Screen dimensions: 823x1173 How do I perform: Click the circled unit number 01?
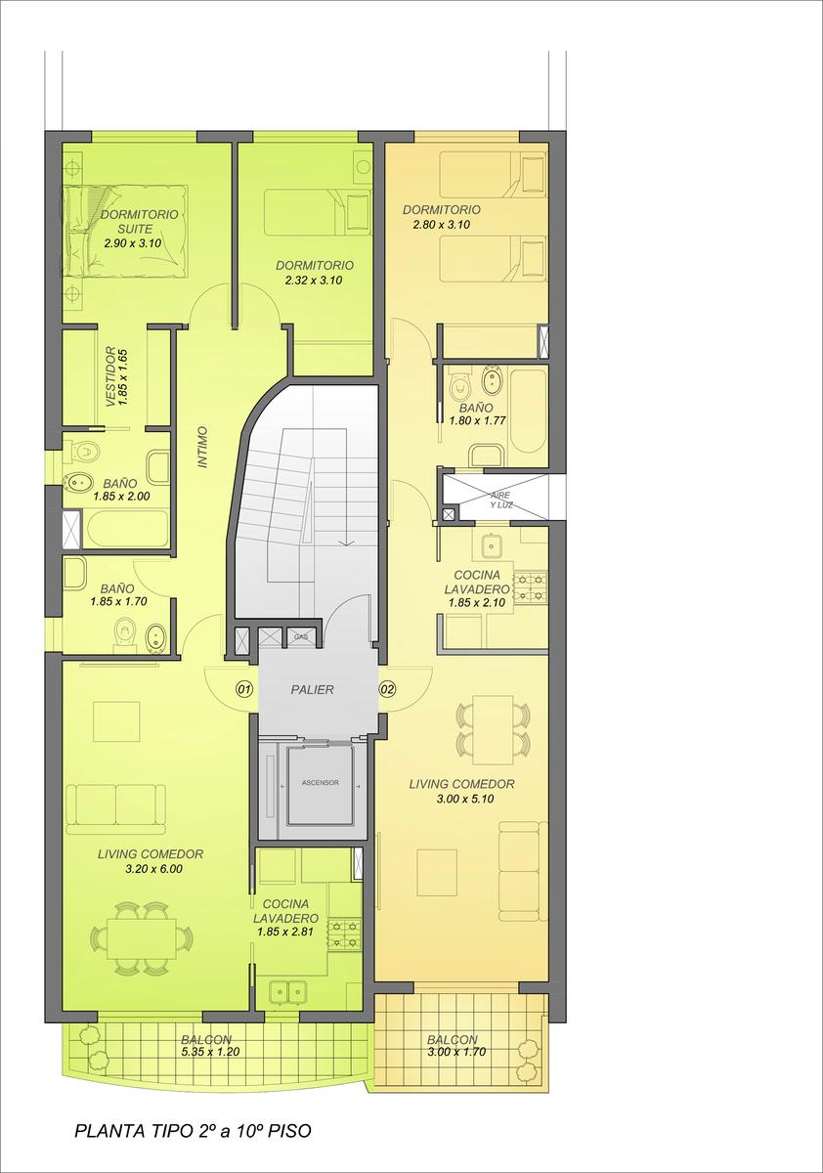[244, 689]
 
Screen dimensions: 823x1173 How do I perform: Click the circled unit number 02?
[387, 689]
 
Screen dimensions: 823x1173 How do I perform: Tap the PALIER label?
[312, 690]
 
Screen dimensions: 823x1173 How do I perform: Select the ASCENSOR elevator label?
[320, 783]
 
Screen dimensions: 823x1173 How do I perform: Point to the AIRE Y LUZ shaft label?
[501, 500]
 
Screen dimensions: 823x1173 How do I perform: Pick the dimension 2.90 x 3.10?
[133, 243]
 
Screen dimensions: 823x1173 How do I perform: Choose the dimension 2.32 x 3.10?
[314, 281]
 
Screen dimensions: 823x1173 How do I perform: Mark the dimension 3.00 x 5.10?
[465, 799]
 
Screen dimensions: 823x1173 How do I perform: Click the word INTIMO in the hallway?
[203, 447]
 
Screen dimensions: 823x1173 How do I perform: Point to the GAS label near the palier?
[300, 636]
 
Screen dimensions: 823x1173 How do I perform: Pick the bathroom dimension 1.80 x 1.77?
[477, 420]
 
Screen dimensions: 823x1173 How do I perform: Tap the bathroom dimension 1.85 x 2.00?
[121, 496]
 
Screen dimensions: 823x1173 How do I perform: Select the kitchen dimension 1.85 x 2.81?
[285, 932]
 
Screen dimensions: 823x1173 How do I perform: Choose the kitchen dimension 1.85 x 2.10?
[476, 602]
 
